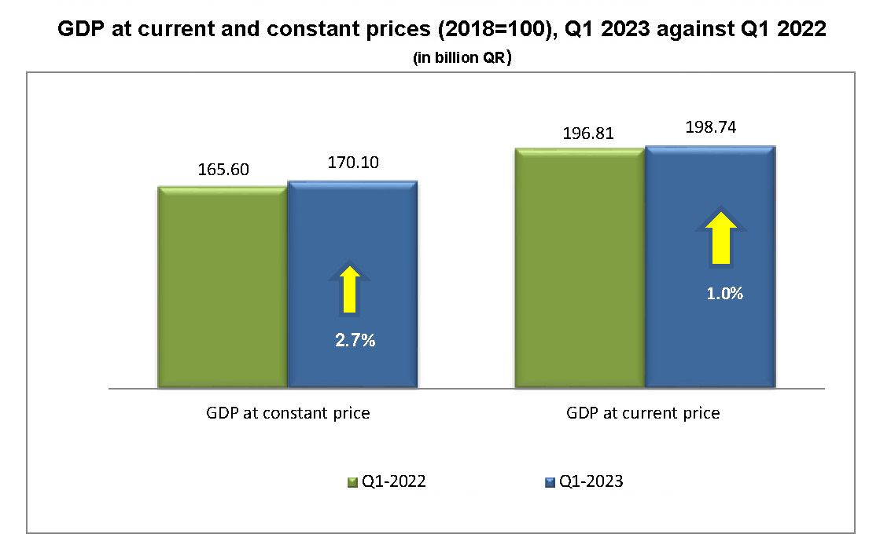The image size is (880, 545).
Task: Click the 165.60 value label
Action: pos(222,170)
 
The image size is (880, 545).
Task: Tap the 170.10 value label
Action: pos(352,163)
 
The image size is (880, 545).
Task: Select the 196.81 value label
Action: pos(580,133)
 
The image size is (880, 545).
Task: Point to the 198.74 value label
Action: pos(710,127)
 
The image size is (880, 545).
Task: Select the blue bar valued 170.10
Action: pos(352,236)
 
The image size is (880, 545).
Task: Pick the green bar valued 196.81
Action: pos(580,267)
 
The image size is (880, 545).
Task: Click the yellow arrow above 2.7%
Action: pos(352,288)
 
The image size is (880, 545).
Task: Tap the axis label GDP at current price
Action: pos(643,413)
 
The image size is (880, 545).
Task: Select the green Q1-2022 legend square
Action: pos(353,482)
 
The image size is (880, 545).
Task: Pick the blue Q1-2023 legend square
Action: pos(550,482)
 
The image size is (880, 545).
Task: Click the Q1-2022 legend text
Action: pos(394,482)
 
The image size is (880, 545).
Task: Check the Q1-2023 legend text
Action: pos(591,482)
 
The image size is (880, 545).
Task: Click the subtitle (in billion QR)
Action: pos(462,59)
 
